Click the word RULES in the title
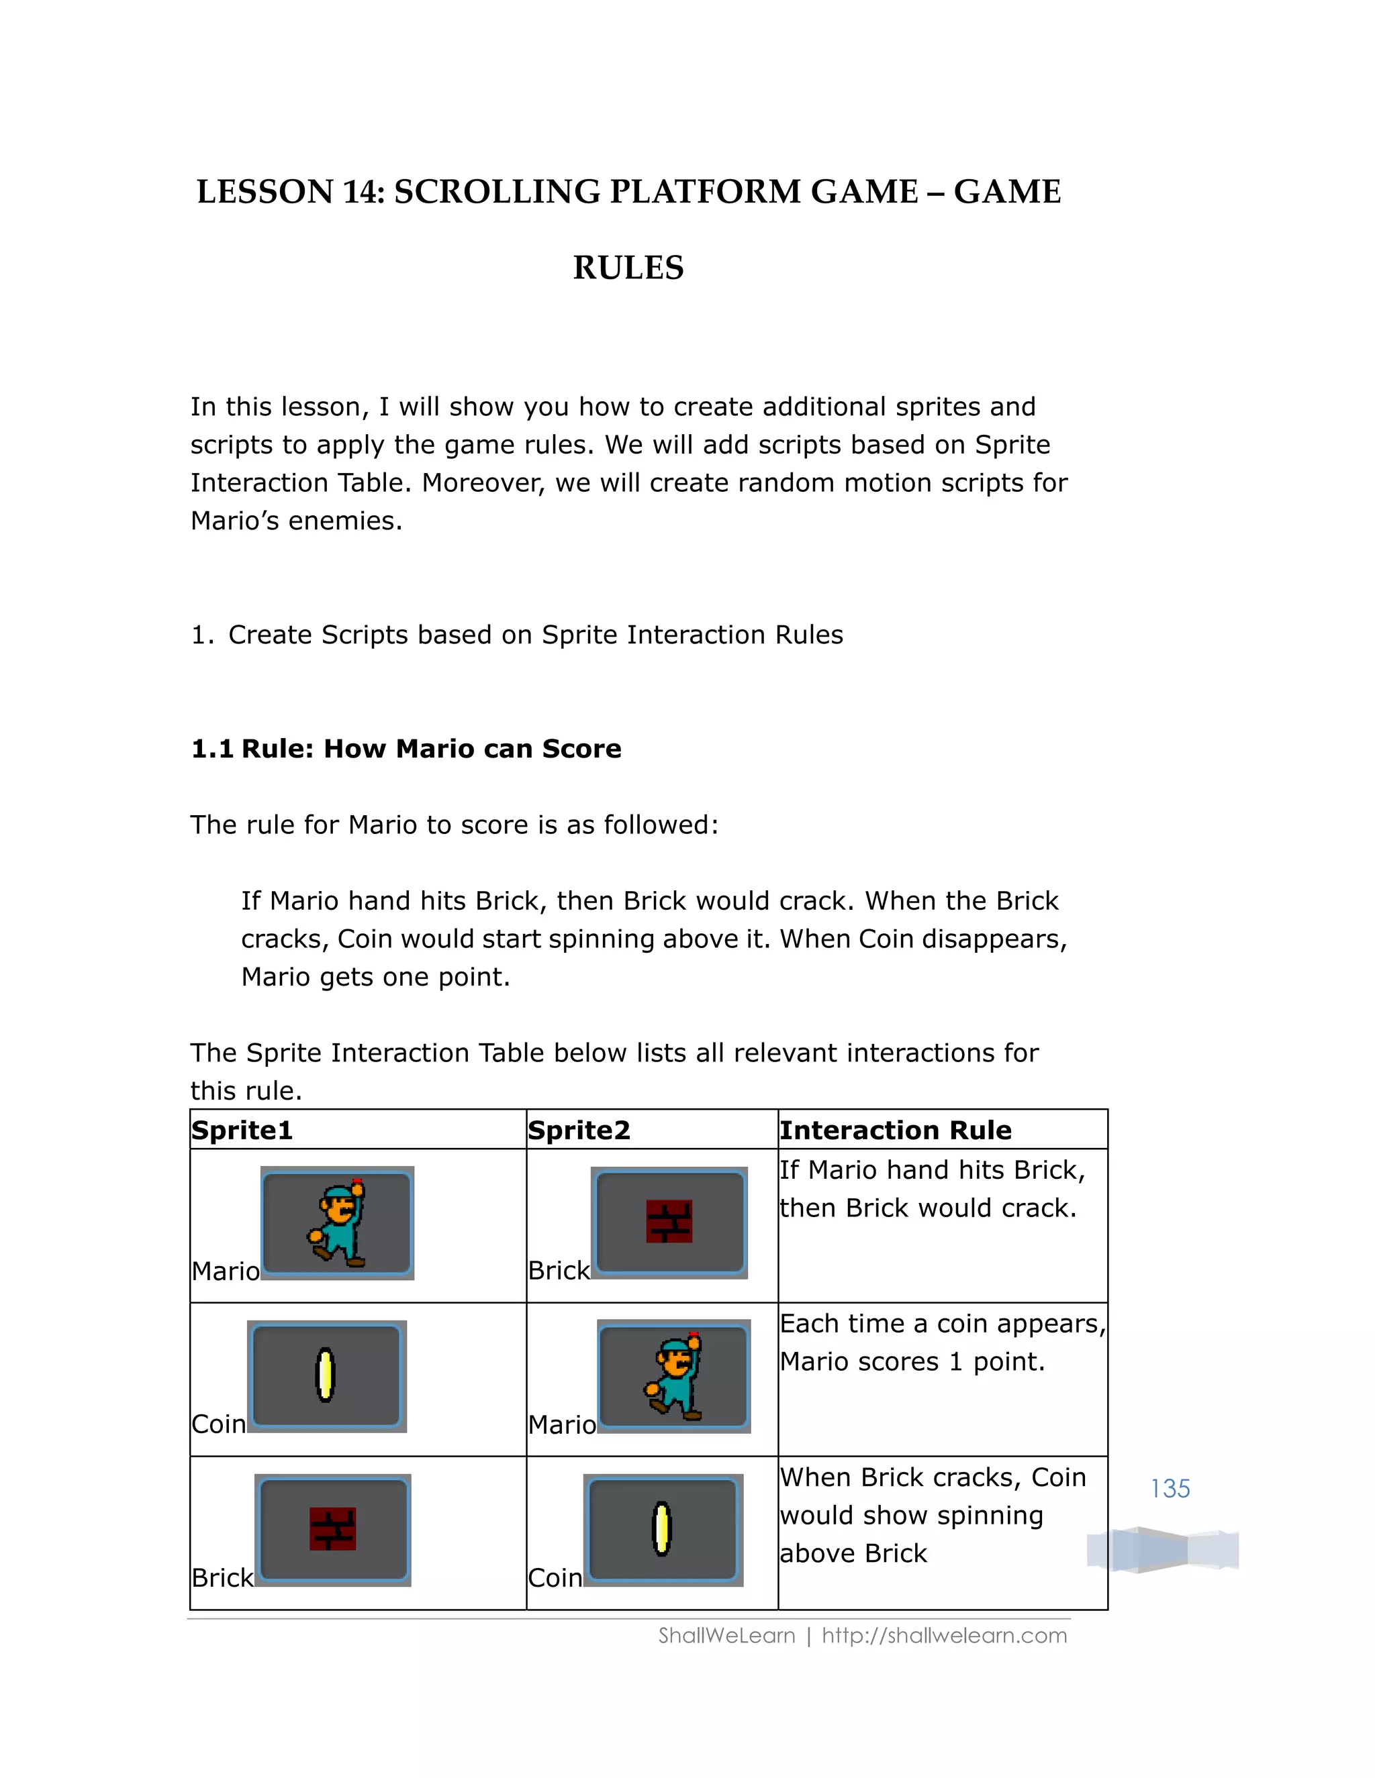pyautogui.click(x=628, y=268)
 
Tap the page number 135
pyautogui.click(x=1170, y=1489)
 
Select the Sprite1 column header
pyautogui.click(x=242, y=1130)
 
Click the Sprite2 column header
pyautogui.click(x=579, y=1130)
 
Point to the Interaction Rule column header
pyautogui.click(x=895, y=1130)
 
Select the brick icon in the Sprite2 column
pyautogui.click(x=669, y=1221)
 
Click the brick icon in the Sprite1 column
pyautogui.click(x=332, y=1529)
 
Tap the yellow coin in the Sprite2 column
pyautogui.click(x=662, y=1529)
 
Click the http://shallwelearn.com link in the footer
pyautogui.click(x=944, y=1636)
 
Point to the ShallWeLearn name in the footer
pyautogui.click(x=726, y=1636)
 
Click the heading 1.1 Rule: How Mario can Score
pyautogui.click(x=406, y=749)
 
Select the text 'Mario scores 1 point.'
pyautogui.click(x=912, y=1362)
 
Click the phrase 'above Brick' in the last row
pyautogui.click(x=853, y=1554)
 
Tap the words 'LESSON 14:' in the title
pyautogui.click(x=289, y=192)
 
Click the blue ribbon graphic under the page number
pyautogui.click(x=1162, y=1550)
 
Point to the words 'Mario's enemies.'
pyautogui.click(x=297, y=521)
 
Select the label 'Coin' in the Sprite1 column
pyautogui.click(x=218, y=1424)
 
